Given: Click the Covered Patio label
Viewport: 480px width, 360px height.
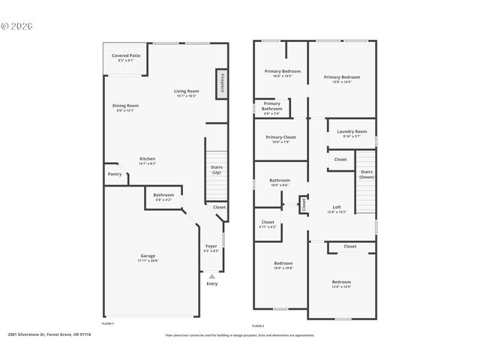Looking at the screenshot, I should (x=126, y=55).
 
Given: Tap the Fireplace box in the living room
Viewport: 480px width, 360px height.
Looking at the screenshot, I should (x=222, y=83).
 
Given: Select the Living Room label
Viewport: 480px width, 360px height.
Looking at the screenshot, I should (x=186, y=91).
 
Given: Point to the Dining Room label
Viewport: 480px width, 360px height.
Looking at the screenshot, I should (x=125, y=106).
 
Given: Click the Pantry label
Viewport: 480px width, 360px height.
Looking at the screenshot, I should (x=114, y=174).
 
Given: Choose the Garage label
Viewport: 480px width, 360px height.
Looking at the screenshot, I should (x=148, y=256).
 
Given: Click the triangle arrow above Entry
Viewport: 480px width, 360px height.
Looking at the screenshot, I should (x=212, y=277).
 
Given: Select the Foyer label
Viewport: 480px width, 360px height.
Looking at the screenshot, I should (x=211, y=246).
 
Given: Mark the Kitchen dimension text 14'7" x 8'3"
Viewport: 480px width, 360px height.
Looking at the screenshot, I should (x=147, y=163).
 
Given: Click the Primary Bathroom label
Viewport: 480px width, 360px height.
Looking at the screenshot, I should (x=272, y=106).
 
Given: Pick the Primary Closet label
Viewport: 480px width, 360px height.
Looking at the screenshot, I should (x=280, y=137).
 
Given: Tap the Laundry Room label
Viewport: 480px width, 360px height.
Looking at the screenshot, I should (x=352, y=131).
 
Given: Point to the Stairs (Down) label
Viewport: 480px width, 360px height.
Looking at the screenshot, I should (x=366, y=174).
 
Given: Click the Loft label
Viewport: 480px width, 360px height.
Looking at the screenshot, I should (x=337, y=207).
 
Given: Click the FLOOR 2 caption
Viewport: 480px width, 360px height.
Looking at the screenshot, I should (x=258, y=325).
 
